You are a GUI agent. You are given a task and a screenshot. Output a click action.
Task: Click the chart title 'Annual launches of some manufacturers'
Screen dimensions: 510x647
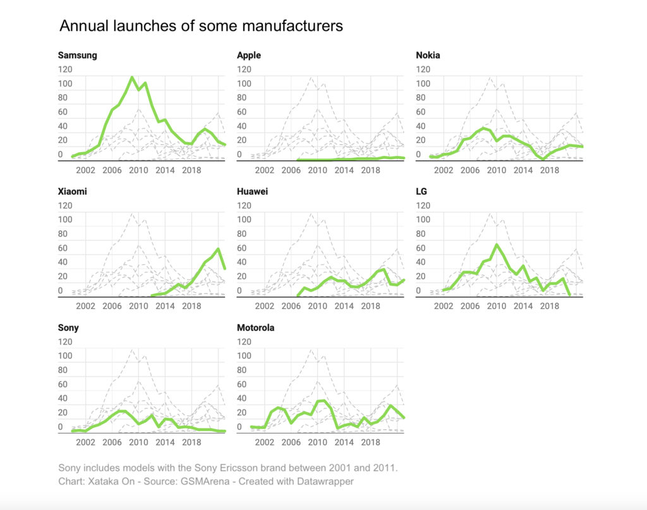tap(201, 26)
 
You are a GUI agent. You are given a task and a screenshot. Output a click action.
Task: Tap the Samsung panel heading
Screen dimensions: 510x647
tap(77, 55)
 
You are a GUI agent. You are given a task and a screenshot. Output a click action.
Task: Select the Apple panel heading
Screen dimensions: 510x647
tap(248, 55)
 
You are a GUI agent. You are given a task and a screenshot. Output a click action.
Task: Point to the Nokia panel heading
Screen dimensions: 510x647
tap(428, 55)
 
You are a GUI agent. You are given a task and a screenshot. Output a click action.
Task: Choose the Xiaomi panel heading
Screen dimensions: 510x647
tap(72, 191)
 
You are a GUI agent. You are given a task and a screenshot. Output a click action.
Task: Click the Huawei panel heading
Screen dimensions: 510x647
tap(252, 191)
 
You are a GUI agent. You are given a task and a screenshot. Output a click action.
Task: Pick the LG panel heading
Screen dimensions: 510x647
tap(421, 191)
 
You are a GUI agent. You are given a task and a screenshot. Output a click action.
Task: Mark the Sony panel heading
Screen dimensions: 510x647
tap(68, 328)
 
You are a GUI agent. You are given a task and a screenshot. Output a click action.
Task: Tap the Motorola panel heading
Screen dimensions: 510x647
tap(255, 328)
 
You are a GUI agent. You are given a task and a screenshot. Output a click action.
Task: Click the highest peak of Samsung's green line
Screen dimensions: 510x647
tap(132, 78)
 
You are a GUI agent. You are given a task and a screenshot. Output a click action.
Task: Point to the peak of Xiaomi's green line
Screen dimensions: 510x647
tap(219, 249)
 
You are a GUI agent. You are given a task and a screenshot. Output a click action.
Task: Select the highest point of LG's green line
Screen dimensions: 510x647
tap(497, 245)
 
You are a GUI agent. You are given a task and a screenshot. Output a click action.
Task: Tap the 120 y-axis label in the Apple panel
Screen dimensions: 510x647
tap(244, 69)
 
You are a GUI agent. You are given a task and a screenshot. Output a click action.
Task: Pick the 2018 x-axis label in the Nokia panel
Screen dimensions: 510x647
tap(550, 171)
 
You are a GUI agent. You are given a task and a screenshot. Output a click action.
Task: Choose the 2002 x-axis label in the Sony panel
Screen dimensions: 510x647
tap(85, 443)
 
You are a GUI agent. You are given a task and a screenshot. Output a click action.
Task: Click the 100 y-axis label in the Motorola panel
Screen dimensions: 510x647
tap(244, 356)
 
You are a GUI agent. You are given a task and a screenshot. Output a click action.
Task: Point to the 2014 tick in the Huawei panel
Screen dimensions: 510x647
tap(344, 307)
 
